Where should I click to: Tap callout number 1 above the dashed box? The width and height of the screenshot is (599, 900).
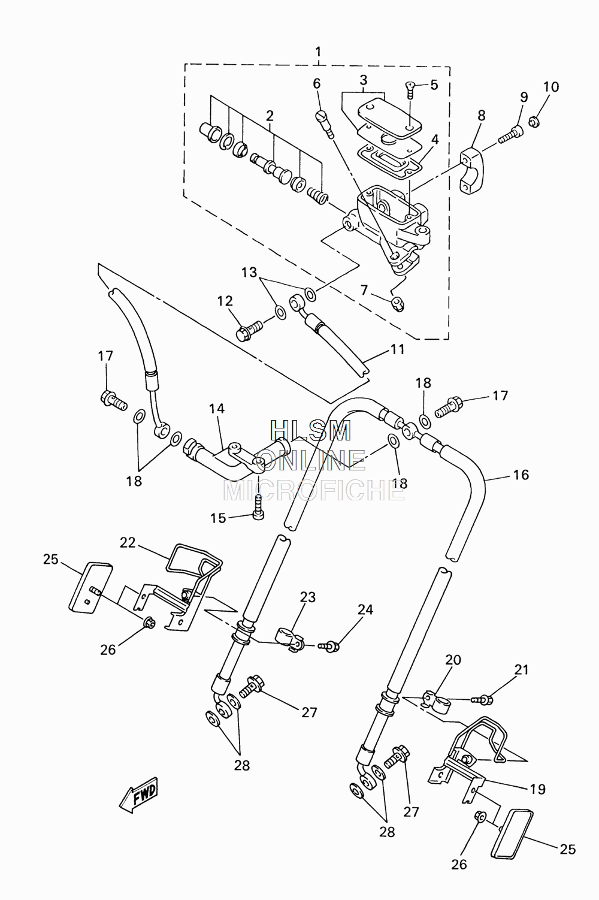pos(318,52)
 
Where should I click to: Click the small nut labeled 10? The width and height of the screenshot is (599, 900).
pos(534,120)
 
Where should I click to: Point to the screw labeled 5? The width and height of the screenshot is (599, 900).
pos(410,90)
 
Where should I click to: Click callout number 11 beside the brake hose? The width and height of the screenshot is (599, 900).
pos(398,349)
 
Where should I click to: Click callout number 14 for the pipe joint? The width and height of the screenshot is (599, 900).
pos(217,409)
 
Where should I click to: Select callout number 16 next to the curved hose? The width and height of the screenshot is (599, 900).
pos(521,475)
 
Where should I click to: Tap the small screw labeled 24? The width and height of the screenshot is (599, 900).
pos(329,647)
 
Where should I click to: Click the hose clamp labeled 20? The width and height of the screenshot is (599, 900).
pos(436,700)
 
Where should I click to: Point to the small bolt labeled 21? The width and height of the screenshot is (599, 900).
pos(482,700)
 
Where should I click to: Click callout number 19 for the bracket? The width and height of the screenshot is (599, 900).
pos(538,789)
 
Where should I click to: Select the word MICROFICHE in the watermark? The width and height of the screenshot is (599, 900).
pos(314,491)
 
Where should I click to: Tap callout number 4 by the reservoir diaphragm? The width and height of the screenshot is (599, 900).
pos(435,140)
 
